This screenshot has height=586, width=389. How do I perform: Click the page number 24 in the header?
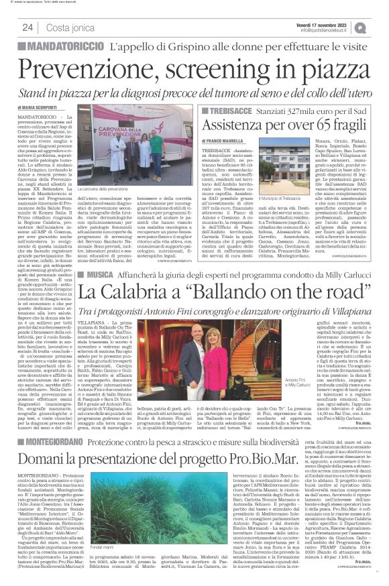(27, 27)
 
